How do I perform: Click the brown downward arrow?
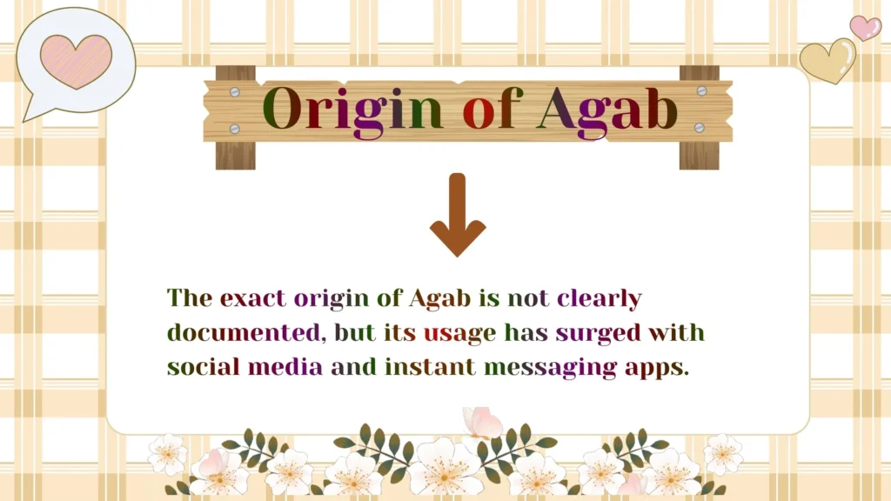coord(458,215)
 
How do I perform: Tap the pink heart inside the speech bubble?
coord(76,60)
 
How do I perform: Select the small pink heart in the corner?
coord(865,27)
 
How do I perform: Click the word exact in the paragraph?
coord(253,299)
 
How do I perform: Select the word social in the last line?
coord(204,366)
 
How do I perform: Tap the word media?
coord(285,366)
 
